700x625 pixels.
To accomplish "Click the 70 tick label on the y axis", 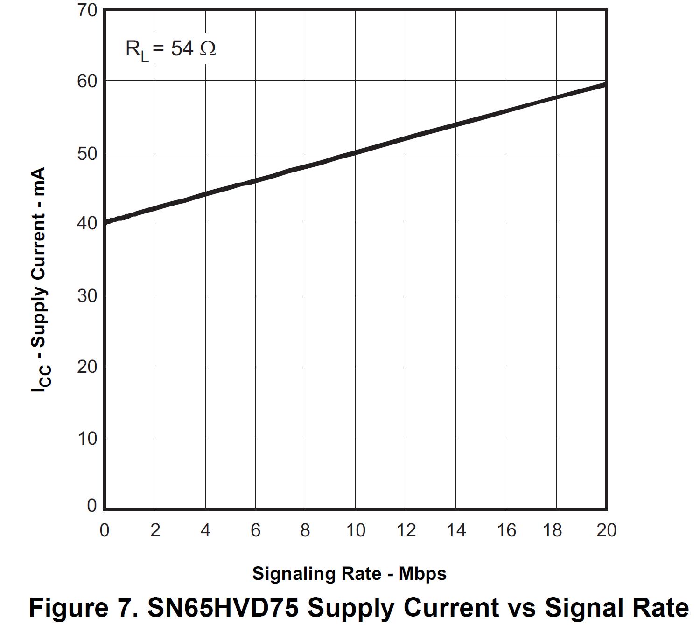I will click(87, 10).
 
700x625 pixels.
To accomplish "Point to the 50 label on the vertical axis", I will click(87, 153).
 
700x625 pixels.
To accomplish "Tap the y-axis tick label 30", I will click(87, 295).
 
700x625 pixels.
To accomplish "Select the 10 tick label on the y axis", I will click(87, 438).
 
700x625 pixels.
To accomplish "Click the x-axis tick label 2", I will click(155, 530).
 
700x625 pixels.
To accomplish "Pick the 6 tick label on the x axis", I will click(255, 530).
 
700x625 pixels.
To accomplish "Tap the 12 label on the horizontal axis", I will click(406, 530).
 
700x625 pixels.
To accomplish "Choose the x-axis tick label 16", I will click(506, 530).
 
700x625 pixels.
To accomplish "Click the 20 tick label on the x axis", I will click(606, 530).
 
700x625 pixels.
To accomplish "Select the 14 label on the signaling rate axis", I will click(456, 530).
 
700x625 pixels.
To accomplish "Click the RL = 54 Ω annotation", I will click(170, 49).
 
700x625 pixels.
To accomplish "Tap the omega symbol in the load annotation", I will click(208, 48).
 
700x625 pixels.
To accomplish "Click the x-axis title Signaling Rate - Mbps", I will click(349, 573).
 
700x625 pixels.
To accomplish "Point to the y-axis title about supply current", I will click(39, 280).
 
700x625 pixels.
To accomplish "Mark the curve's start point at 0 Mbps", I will click(105, 222).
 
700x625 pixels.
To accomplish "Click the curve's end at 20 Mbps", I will click(605, 85).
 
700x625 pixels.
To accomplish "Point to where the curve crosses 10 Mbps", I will click(355, 152).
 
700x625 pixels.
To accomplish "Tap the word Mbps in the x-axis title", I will click(422, 573).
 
